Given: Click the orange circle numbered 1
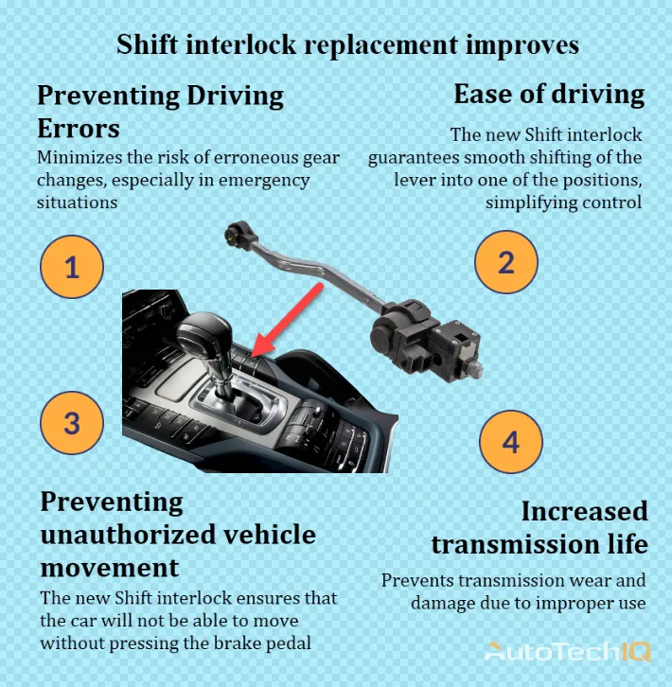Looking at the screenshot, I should tap(72, 267).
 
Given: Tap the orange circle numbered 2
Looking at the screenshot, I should tap(505, 261).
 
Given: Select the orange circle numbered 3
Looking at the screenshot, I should tap(72, 421).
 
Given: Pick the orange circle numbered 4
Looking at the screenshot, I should tap(511, 441).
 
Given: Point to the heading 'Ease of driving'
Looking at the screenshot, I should tap(549, 95).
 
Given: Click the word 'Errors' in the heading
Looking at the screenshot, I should tap(79, 128).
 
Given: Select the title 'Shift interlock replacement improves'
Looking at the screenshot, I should tap(347, 44).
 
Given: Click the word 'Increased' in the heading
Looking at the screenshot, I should tap(584, 511).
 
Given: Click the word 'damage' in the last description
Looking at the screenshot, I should tap(444, 603).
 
